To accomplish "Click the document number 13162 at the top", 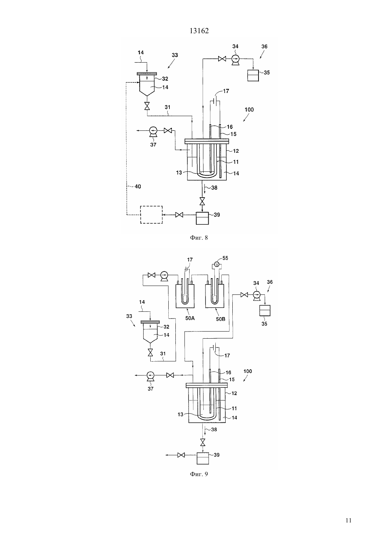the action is [x=199, y=31].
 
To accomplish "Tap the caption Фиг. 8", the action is [x=199, y=238].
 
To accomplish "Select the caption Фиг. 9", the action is [x=199, y=474].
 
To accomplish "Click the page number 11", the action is [x=348, y=520].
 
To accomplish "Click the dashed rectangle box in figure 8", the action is [x=151, y=215].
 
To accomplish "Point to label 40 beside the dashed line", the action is [x=138, y=187].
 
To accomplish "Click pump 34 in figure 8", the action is [x=235, y=59].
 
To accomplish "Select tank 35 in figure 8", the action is [x=253, y=76].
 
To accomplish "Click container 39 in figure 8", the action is [x=202, y=218].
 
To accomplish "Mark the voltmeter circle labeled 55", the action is [x=216, y=264].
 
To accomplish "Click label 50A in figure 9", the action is [x=190, y=318].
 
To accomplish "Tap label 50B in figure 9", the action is [x=220, y=319].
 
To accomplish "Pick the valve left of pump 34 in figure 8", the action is [x=222, y=59].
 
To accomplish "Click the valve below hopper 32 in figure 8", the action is [x=147, y=106].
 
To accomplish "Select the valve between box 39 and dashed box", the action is [x=179, y=215].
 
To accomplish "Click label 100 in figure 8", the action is [x=249, y=110].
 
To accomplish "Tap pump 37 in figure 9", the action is [x=150, y=376].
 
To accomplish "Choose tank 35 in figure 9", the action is [x=265, y=310].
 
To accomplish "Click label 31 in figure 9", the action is [x=163, y=353].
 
